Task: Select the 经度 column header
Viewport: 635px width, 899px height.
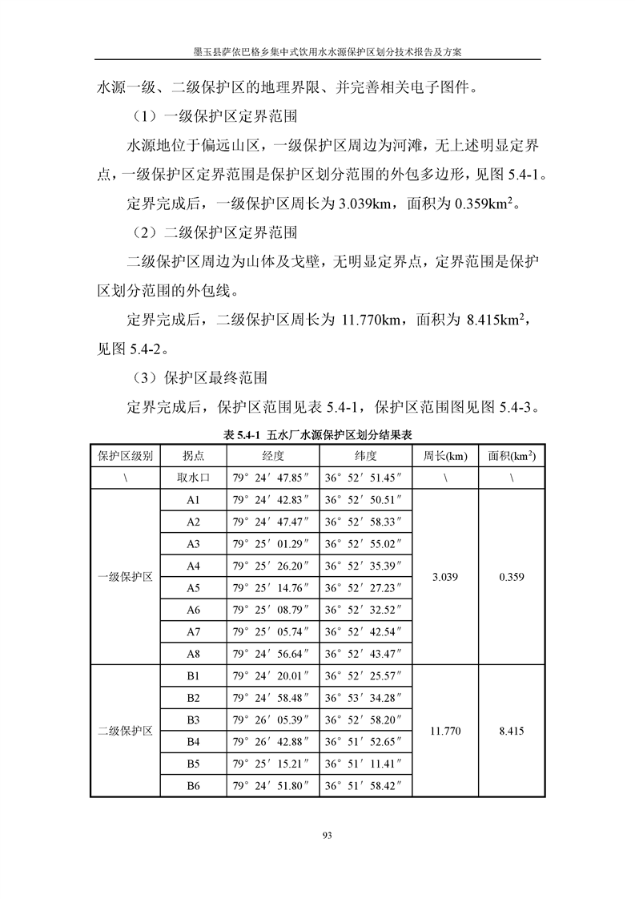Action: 272,456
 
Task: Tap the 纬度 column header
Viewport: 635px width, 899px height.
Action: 365,456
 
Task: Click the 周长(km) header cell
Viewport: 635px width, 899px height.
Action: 445,456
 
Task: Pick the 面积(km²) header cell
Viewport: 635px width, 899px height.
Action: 511,456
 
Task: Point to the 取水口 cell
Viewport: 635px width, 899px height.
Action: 193,478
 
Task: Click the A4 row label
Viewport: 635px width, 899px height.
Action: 193,566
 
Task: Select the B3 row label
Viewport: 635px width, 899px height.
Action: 193,720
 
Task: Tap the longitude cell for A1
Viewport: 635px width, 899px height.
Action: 272,500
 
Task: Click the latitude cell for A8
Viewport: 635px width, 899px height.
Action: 365,654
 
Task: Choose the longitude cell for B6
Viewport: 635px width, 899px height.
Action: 272,786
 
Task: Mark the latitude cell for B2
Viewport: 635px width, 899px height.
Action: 365,698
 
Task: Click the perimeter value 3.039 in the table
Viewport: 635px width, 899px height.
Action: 445,577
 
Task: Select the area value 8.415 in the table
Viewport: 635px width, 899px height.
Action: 511,731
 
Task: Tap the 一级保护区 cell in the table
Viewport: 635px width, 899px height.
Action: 126,577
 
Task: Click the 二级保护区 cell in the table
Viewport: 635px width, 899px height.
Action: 126,731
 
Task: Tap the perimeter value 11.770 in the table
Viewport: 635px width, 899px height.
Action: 445,731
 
